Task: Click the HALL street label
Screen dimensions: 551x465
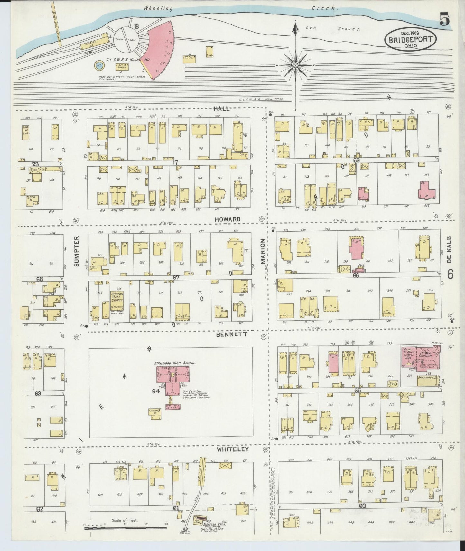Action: pos(221,109)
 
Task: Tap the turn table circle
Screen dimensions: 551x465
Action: pos(126,39)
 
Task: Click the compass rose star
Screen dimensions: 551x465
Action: pos(295,65)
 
